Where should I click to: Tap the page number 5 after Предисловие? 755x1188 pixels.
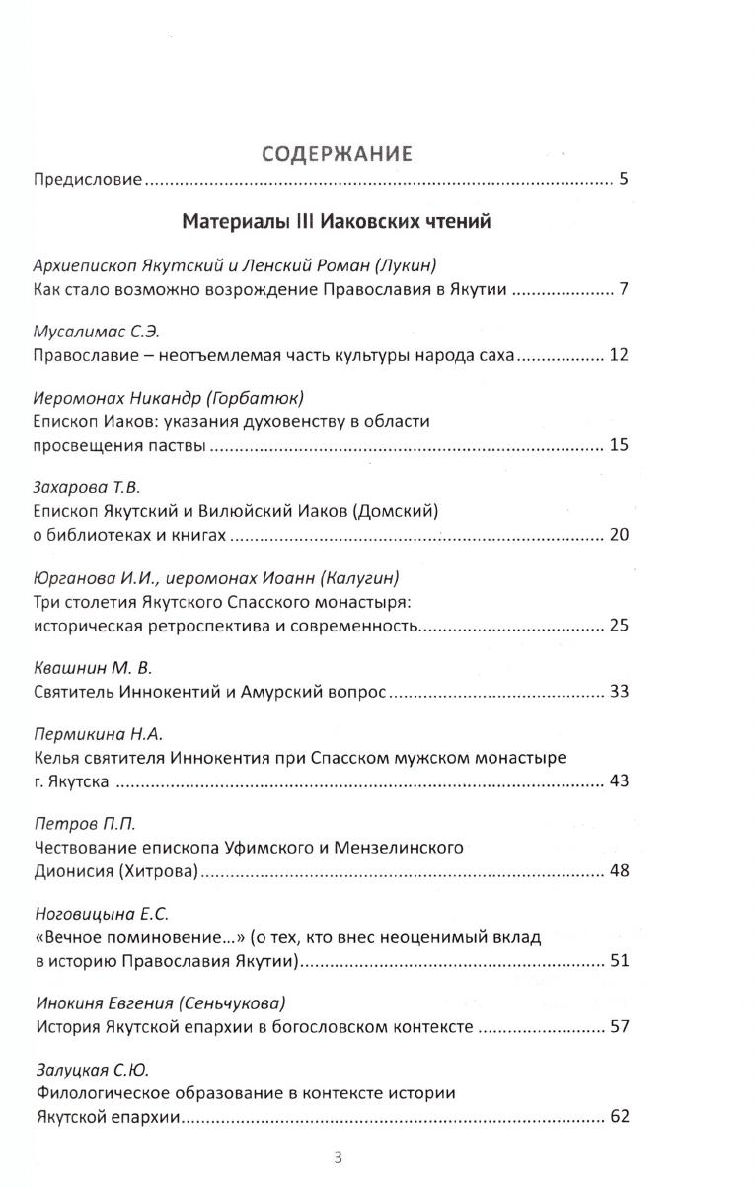(x=624, y=180)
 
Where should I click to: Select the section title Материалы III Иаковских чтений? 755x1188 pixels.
(x=337, y=221)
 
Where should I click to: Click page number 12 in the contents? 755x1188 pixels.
(x=619, y=355)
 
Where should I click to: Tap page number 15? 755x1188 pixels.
(x=619, y=445)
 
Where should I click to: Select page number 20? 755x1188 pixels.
(x=619, y=535)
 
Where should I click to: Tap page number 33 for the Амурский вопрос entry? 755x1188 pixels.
(x=619, y=691)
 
